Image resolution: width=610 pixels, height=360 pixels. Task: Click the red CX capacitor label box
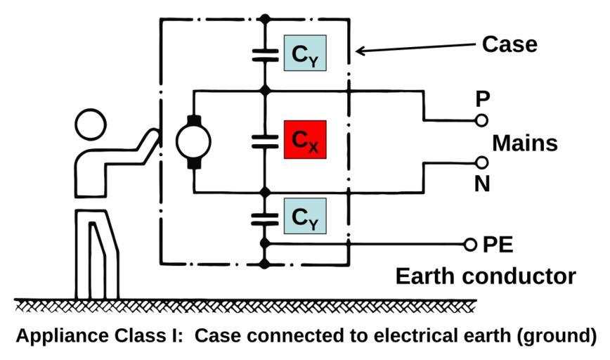click(x=304, y=140)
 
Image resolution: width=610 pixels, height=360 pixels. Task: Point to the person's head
click(x=94, y=127)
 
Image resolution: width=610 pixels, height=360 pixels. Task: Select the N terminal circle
click(x=481, y=162)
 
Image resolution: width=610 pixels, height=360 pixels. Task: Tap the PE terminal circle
click(x=470, y=244)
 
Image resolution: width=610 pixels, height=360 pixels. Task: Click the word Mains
click(x=524, y=143)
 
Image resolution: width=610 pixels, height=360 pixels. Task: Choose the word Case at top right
click(x=510, y=44)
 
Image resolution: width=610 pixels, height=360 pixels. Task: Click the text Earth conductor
click(x=486, y=276)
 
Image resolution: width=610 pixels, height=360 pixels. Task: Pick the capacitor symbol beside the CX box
click(x=265, y=141)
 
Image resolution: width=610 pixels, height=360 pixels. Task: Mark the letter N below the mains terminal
click(x=481, y=184)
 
